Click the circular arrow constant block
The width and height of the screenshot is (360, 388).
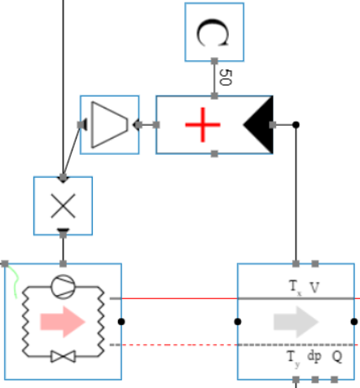click(x=214, y=32)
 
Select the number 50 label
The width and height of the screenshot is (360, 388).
click(x=226, y=78)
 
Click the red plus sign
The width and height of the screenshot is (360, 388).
click(x=202, y=125)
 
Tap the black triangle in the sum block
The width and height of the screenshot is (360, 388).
click(x=258, y=125)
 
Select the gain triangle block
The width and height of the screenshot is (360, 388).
click(x=109, y=125)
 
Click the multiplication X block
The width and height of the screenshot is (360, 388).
click(x=63, y=205)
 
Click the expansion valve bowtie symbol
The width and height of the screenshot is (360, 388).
click(x=63, y=357)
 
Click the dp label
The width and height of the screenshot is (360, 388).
click(x=314, y=356)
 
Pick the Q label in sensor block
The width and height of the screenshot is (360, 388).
click(x=336, y=356)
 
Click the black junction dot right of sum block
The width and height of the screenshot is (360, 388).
click(x=296, y=125)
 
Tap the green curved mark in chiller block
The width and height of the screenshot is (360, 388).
click(x=15, y=282)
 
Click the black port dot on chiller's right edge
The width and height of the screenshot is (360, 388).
click(x=121, y=321)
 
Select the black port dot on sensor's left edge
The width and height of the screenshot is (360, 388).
click(x=238, y=321)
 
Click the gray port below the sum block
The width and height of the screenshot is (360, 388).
click(x=213, y=153)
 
